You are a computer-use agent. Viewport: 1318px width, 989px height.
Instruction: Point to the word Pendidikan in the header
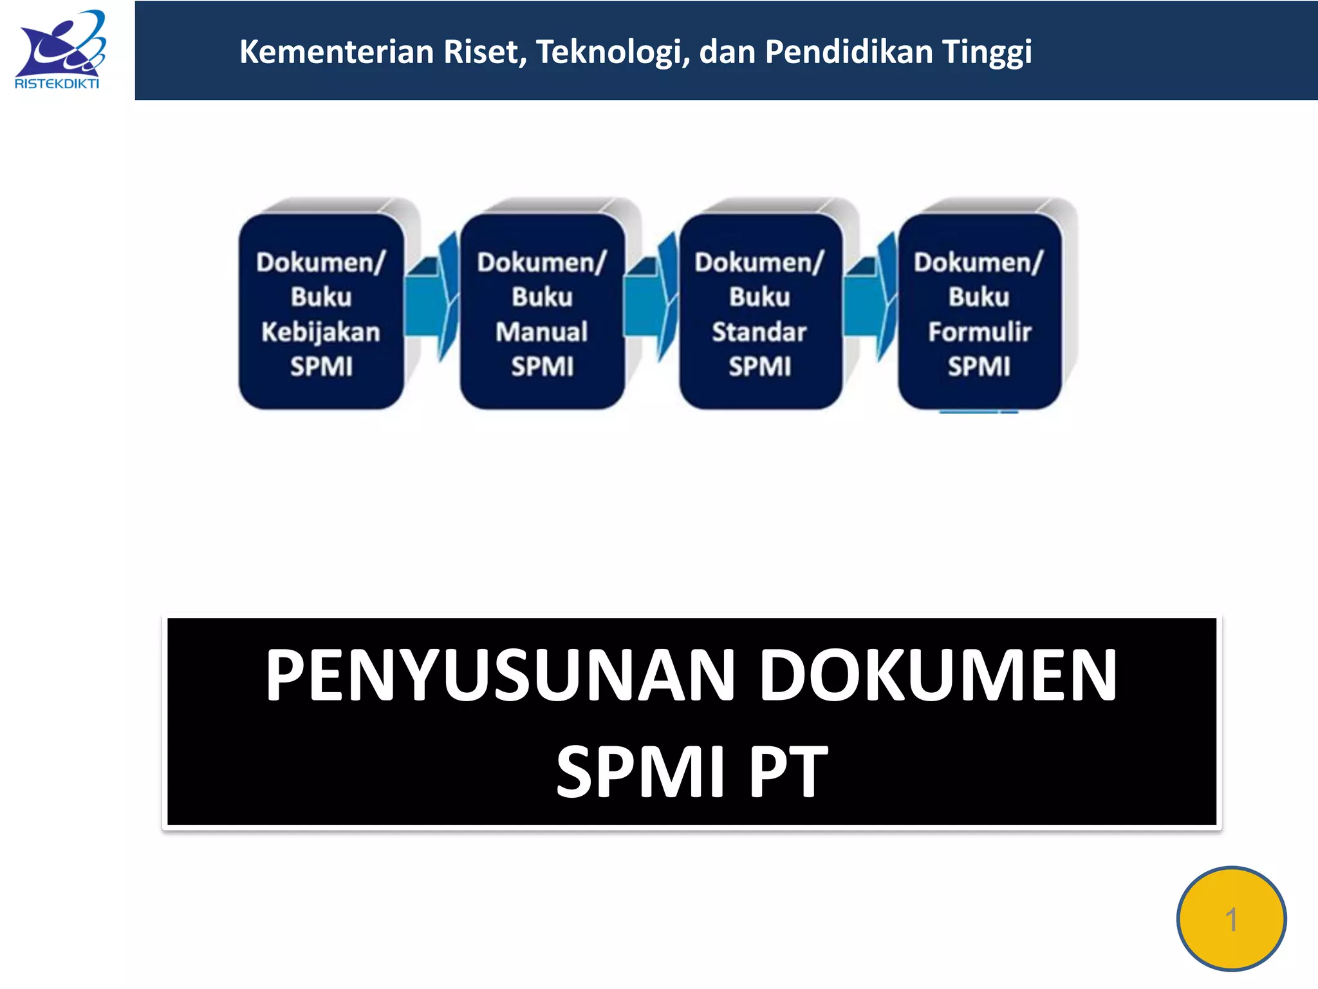point(848,52)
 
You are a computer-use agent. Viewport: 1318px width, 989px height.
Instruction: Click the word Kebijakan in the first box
point(320,332)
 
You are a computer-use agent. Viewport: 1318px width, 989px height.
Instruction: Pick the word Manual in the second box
point(542,332)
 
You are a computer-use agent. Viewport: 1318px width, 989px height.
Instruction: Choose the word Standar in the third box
point(759,332)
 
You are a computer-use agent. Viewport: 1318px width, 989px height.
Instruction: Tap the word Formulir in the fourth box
point(979,332)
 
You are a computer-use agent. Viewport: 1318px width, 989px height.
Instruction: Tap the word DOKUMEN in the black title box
point(938,675)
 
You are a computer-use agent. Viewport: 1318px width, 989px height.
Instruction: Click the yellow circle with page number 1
point(1231,918)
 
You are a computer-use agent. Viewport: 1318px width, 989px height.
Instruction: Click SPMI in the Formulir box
point(979,367)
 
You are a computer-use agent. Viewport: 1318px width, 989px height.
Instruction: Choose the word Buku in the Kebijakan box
point(321,297)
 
